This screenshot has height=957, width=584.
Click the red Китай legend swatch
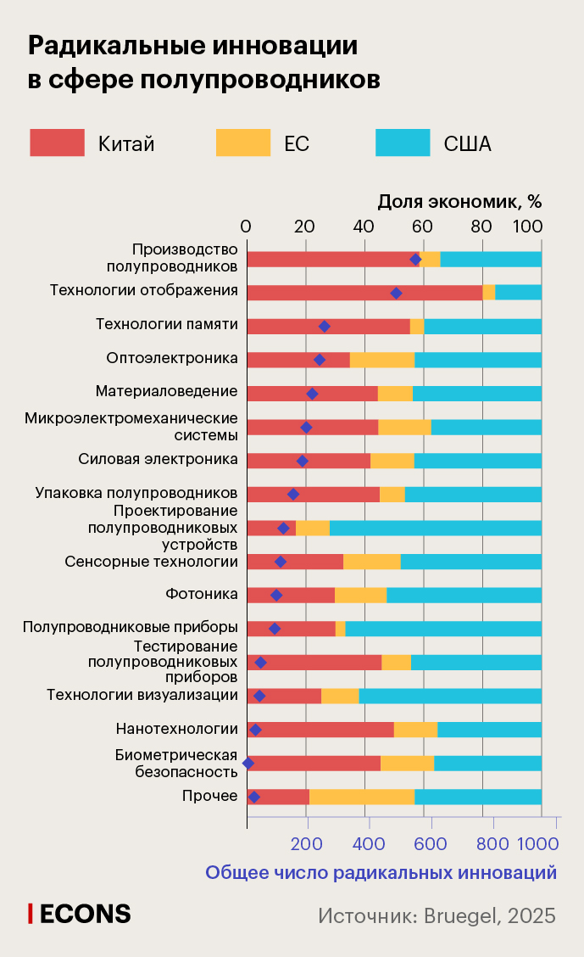coord(57,143)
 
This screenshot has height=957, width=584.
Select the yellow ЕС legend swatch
coord(242,143)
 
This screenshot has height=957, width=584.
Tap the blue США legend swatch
coord(403,143)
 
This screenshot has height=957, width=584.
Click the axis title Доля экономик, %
coord(459,201)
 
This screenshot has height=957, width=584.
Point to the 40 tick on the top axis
coord(364,227)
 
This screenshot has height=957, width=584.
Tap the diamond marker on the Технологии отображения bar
coord(396,293)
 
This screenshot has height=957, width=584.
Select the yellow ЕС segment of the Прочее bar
coord(362,797)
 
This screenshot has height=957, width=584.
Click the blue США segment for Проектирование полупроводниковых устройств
coord(435,528)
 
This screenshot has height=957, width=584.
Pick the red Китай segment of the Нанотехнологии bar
coord(320,730)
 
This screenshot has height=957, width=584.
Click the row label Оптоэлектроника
coord(172,358)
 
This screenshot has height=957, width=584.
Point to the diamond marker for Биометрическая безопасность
coord(248,764)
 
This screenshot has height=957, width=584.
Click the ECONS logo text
coord(80,914)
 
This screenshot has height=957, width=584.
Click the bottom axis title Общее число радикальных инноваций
coord(381,872)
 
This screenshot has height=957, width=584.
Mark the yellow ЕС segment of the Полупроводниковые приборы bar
coord(340,629)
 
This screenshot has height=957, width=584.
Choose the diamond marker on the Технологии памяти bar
coord(324,326)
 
